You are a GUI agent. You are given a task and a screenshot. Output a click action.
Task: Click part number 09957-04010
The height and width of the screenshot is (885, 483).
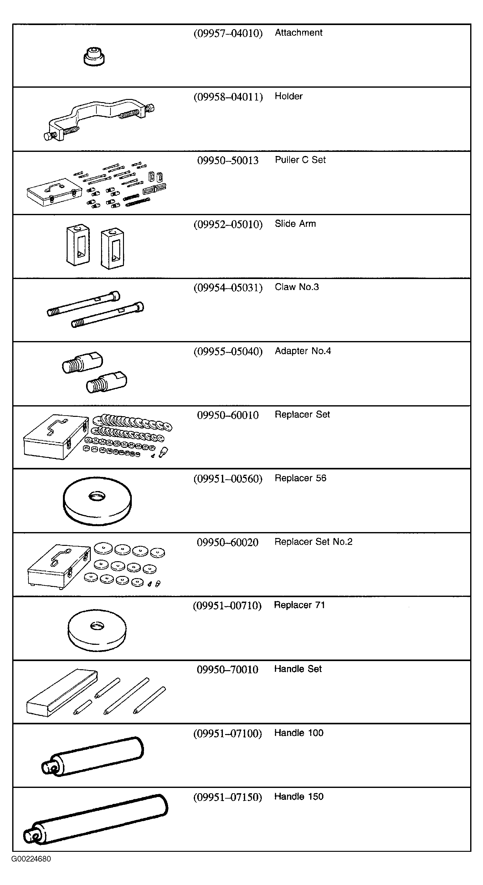click(x=228, y=33)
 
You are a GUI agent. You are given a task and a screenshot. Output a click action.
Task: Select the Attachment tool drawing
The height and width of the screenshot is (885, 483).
click(x=94, y=57)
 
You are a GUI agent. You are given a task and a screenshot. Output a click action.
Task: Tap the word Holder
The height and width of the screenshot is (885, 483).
click(x=288, y=96)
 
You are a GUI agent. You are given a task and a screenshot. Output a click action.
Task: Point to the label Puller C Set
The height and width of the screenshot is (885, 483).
click(x=300, y=160)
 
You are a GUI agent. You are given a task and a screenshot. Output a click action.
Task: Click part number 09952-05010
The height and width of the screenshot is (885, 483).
click(x=228, y=224)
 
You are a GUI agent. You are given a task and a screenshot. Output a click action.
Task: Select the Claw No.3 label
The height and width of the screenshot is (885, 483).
click(x=296, y=287)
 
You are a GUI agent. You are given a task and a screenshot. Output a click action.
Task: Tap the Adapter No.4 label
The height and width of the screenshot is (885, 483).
click(x=303, y=351)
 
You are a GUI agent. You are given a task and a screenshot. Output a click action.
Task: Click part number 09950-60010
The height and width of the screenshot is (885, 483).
click(x=228, y=415)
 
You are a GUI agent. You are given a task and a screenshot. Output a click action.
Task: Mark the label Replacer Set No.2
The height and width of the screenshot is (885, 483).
click(x=313, y=542)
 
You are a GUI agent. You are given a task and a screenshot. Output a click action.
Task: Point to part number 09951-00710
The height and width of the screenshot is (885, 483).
click(x=227, y=605)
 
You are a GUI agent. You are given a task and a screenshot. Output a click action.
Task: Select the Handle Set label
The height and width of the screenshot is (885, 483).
click(x=298, y=669)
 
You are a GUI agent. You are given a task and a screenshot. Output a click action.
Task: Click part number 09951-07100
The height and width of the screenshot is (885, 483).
click(x=228, y=733)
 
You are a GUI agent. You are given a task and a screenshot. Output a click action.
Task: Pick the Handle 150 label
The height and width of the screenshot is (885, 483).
click(x=299, y=796)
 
